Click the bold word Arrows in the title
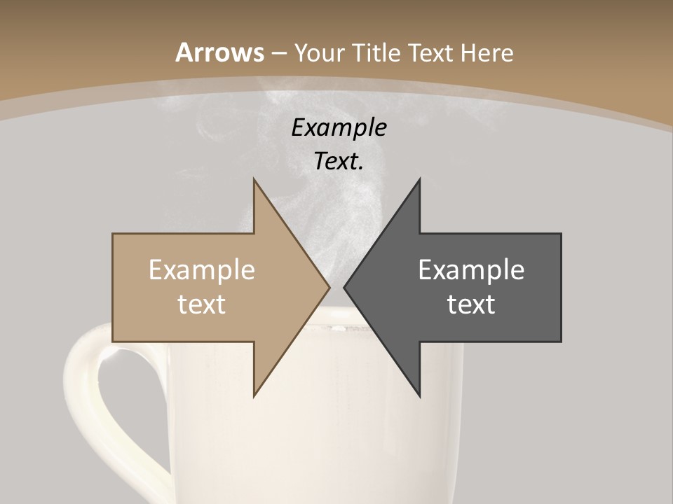click(x=220, y=52)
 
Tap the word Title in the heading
click(x=376, y=52)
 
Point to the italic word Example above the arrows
click(x=339, y=127)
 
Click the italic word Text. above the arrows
click(x=339, y=161)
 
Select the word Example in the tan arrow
click(x=202, y=270)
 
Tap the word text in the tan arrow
click(x=202, y=304)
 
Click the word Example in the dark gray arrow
click(x=471, y=270)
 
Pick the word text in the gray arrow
click(x=471, y=304)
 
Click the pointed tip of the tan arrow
click(x=328, y=287)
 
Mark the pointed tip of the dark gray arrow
click(x=346, y=287)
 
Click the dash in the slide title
click(x=278, y=53)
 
